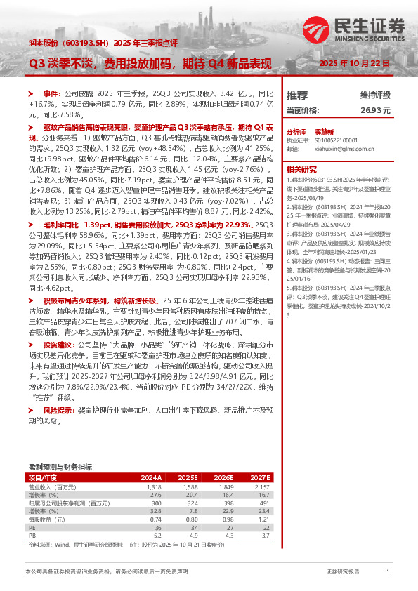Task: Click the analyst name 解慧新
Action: pos(323,132)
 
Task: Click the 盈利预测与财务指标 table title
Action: pos(60,467)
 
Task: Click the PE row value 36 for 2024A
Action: pos(157,529)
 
